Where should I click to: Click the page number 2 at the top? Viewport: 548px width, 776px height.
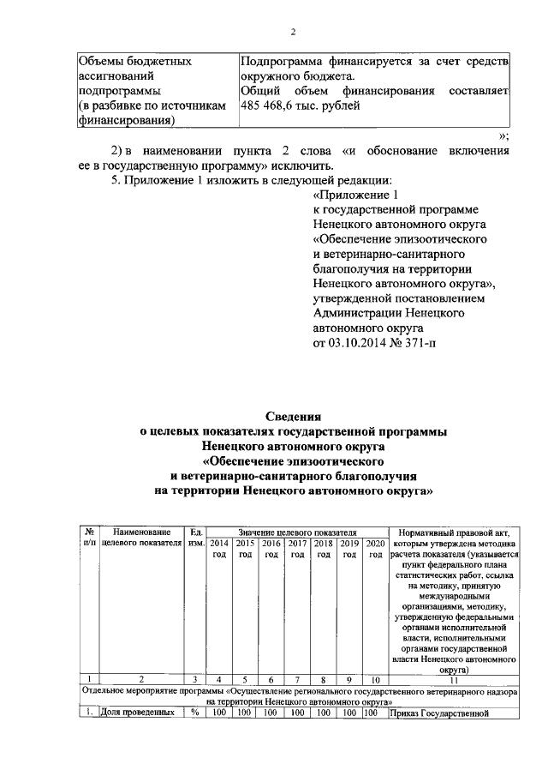[292, 32]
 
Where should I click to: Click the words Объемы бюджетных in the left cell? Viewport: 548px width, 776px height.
[134, 62]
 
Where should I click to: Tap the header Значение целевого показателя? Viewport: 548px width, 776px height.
[297, 532]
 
